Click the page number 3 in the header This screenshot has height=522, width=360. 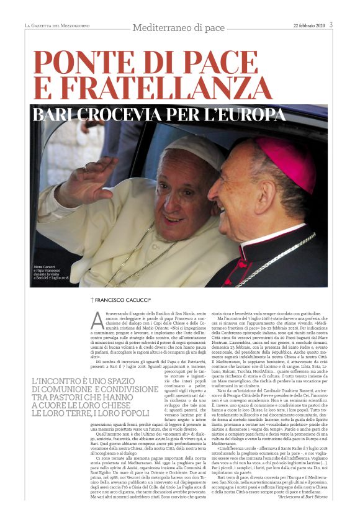(331, 25)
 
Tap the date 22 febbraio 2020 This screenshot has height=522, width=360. (308, 25)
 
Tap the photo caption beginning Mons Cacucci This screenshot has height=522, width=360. (52, 272)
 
